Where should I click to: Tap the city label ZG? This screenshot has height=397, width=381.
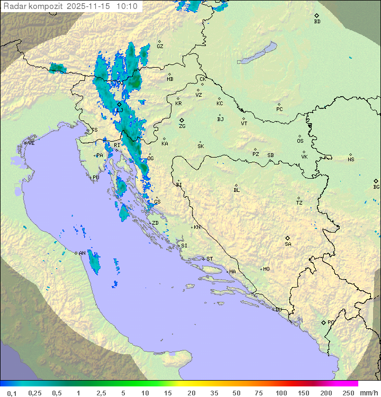click(x=182, y=126)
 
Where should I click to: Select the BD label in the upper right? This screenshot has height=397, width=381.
click(x=317, y=22)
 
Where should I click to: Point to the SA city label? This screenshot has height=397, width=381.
click(x=288, y=244)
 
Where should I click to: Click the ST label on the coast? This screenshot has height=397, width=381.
click(x=210, y=259)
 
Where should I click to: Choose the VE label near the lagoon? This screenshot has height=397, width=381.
click(x=31, y=143)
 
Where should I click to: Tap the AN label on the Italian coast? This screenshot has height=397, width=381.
click(x=82, y=253)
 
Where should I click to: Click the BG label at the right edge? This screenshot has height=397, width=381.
click(x=376, y=187)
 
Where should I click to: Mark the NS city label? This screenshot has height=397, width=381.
click(x=351, y=160)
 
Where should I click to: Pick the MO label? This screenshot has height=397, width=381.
click(x=266, y=269)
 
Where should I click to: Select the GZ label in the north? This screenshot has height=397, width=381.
click(x=160, y=47)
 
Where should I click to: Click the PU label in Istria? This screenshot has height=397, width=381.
click(x=96, y=178)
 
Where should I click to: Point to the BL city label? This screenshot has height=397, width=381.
click(x=237, y=190)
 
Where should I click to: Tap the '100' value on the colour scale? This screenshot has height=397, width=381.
click(x=281, y=393)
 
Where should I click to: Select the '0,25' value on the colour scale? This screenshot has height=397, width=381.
click(x=35, y=393)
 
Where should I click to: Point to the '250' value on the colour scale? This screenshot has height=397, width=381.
click(x=348, y=393)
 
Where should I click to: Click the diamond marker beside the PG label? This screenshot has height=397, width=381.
click(x=323, y=322)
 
